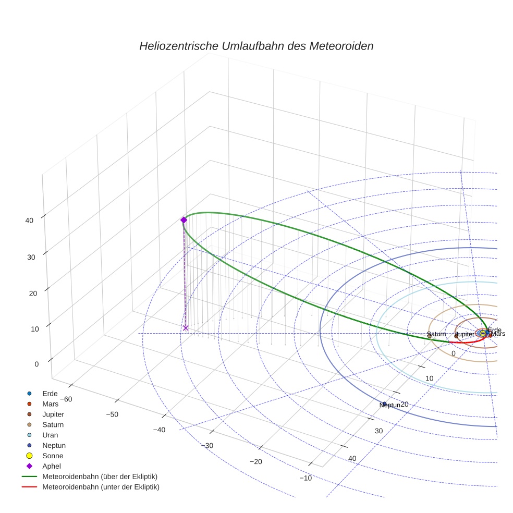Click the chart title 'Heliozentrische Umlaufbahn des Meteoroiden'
click(256, 46)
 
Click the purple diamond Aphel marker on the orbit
click(184, 220)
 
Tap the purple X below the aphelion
click(186, 328)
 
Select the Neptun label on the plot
click(390, 405)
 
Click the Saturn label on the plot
click(436, 334)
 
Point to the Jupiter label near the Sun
click(465, 334)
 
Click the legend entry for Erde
click(50, 393)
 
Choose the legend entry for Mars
click(50, 404)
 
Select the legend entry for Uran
click(50, 435)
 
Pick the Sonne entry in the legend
click(53, 456)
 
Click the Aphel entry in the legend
click(52, 466)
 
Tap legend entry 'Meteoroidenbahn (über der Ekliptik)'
click(100, 477)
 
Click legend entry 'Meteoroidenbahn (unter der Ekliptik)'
click(101, 487)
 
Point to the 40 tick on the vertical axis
click(29, 220)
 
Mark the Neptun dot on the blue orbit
click(385, 404)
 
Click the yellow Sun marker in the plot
click(483, 333)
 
